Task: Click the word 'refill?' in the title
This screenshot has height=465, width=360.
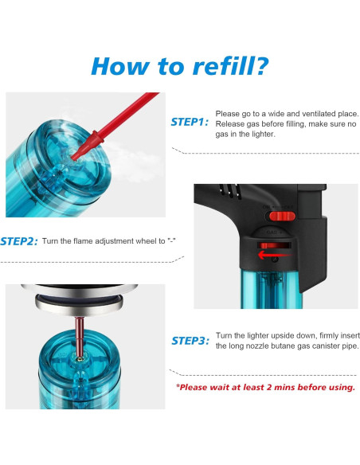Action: [230, 65]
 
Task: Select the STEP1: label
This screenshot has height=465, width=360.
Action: [190, 122]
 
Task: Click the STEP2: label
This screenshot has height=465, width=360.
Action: [19, 241]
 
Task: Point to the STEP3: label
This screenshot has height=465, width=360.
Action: [190, 341]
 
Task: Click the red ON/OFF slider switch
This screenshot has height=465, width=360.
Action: [282, 217]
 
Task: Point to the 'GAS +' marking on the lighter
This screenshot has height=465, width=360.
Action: [274, 232]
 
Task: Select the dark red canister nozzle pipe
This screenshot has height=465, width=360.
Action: [79, 337]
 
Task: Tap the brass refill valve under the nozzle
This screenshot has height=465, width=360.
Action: [80, 359]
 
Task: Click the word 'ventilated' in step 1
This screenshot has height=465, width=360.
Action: [315, 114]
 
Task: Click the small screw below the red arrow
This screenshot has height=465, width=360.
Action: [275, 260]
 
